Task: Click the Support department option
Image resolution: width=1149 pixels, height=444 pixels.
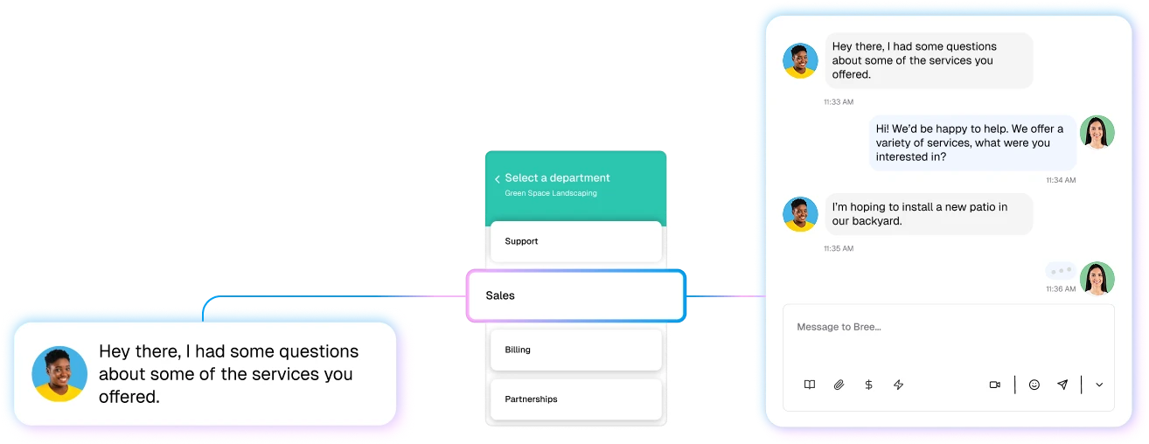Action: click(575, 241)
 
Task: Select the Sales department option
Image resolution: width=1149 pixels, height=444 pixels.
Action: click(574, 295)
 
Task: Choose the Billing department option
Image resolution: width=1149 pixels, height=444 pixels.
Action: click(575, 350)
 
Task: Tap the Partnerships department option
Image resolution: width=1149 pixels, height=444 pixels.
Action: click(575, 399)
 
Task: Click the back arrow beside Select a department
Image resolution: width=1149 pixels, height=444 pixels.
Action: click(498, 179)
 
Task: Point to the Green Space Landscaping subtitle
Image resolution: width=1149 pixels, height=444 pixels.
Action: click(551, 193)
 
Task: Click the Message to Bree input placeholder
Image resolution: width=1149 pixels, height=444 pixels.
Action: click(839, 327)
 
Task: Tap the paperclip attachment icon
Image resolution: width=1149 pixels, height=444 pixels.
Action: click(839, 385)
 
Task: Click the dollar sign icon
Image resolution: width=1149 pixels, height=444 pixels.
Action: click(868, 385)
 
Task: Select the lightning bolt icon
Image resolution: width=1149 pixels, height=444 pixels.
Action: click(898, 385)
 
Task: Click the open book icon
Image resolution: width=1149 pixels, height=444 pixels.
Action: click(810, 385)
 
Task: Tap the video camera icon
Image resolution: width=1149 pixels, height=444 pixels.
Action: click(994, 385)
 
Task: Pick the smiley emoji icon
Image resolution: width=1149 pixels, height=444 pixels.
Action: click(1034, 385)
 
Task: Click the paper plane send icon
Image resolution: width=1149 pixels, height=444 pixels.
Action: click(1062, 385)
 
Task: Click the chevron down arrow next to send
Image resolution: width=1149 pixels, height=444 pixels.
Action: click(1099, 385)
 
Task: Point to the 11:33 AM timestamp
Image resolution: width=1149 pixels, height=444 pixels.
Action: click(838, 102)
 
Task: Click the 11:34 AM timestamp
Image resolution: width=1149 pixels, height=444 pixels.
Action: click(1061, 180)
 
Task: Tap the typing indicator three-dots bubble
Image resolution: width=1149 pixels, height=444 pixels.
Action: click(1060, 271)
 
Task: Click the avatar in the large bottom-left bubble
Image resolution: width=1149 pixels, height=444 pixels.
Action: click(59, 374)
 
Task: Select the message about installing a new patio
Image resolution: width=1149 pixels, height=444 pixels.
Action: click(929, 214)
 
